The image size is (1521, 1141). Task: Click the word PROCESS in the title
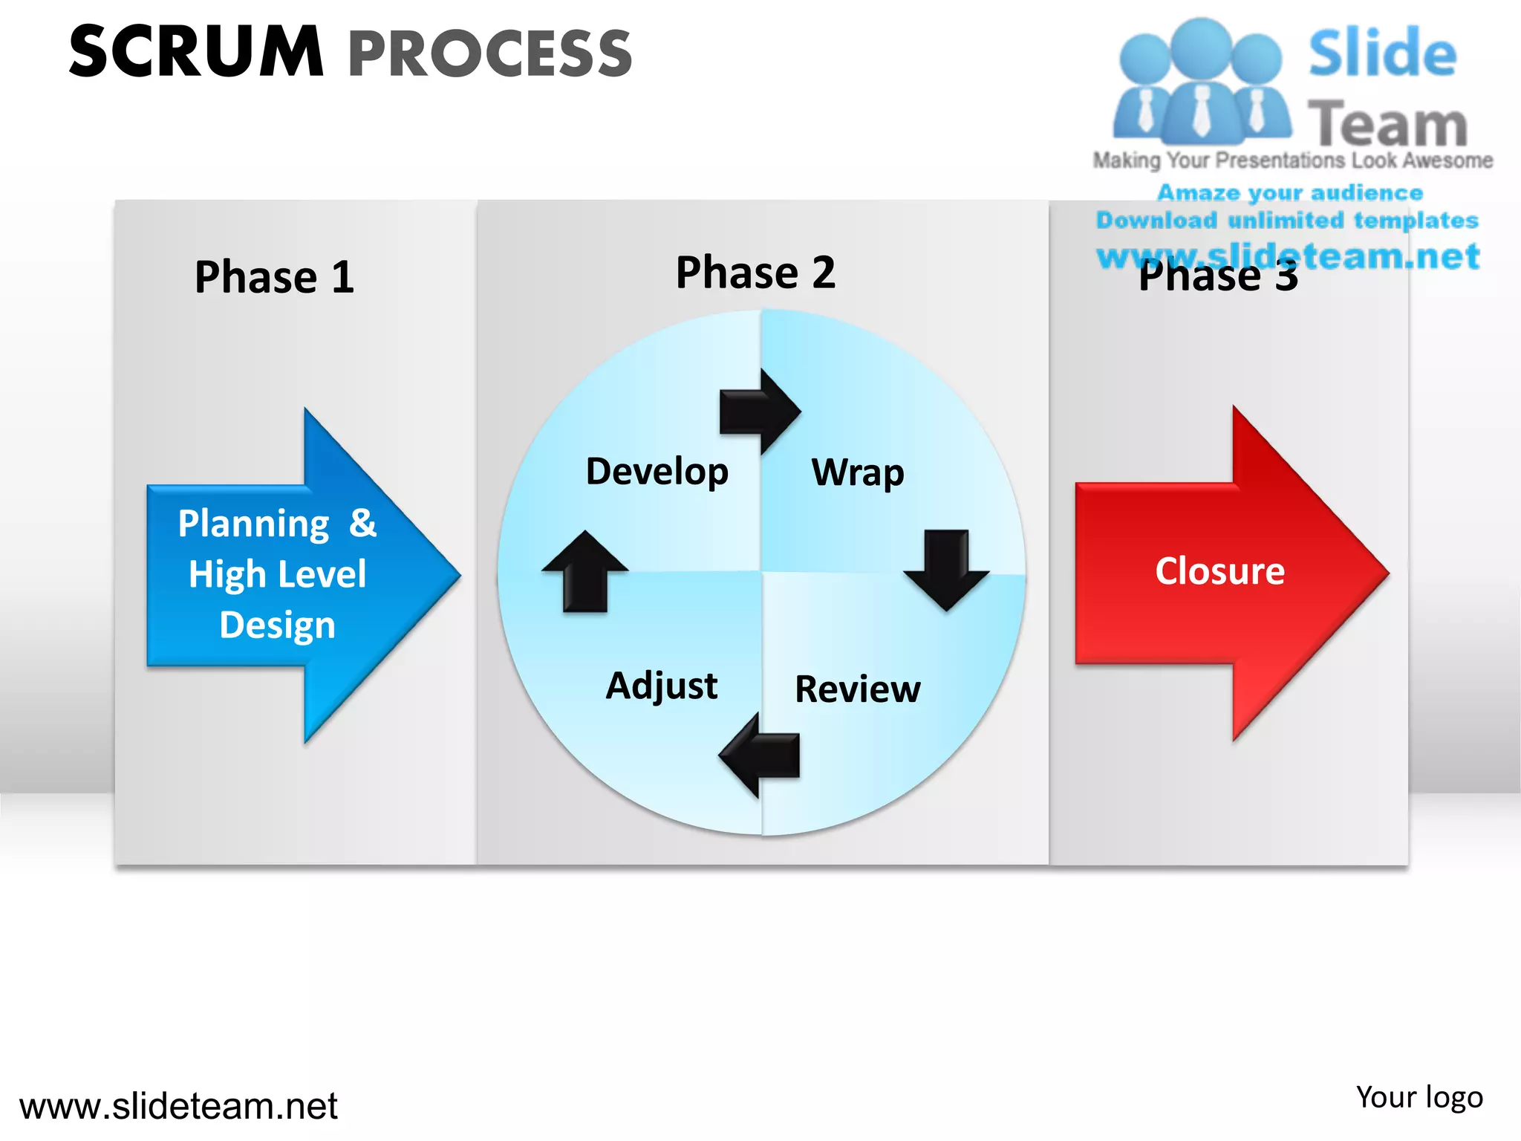490,53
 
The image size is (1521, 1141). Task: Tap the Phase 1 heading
274,277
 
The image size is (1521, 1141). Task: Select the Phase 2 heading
755,272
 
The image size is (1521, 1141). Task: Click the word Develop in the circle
657,471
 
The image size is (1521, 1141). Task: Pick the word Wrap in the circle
858,472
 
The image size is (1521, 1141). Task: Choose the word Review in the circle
858,689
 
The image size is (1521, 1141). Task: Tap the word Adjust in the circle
662,685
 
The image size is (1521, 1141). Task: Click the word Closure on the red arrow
1219,570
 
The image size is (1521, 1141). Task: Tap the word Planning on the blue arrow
254,524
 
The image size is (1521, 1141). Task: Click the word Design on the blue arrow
277,625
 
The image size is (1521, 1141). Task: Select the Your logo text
1419,1097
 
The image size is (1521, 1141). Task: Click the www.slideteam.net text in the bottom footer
178,1106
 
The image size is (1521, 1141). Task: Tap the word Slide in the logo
1382,53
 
